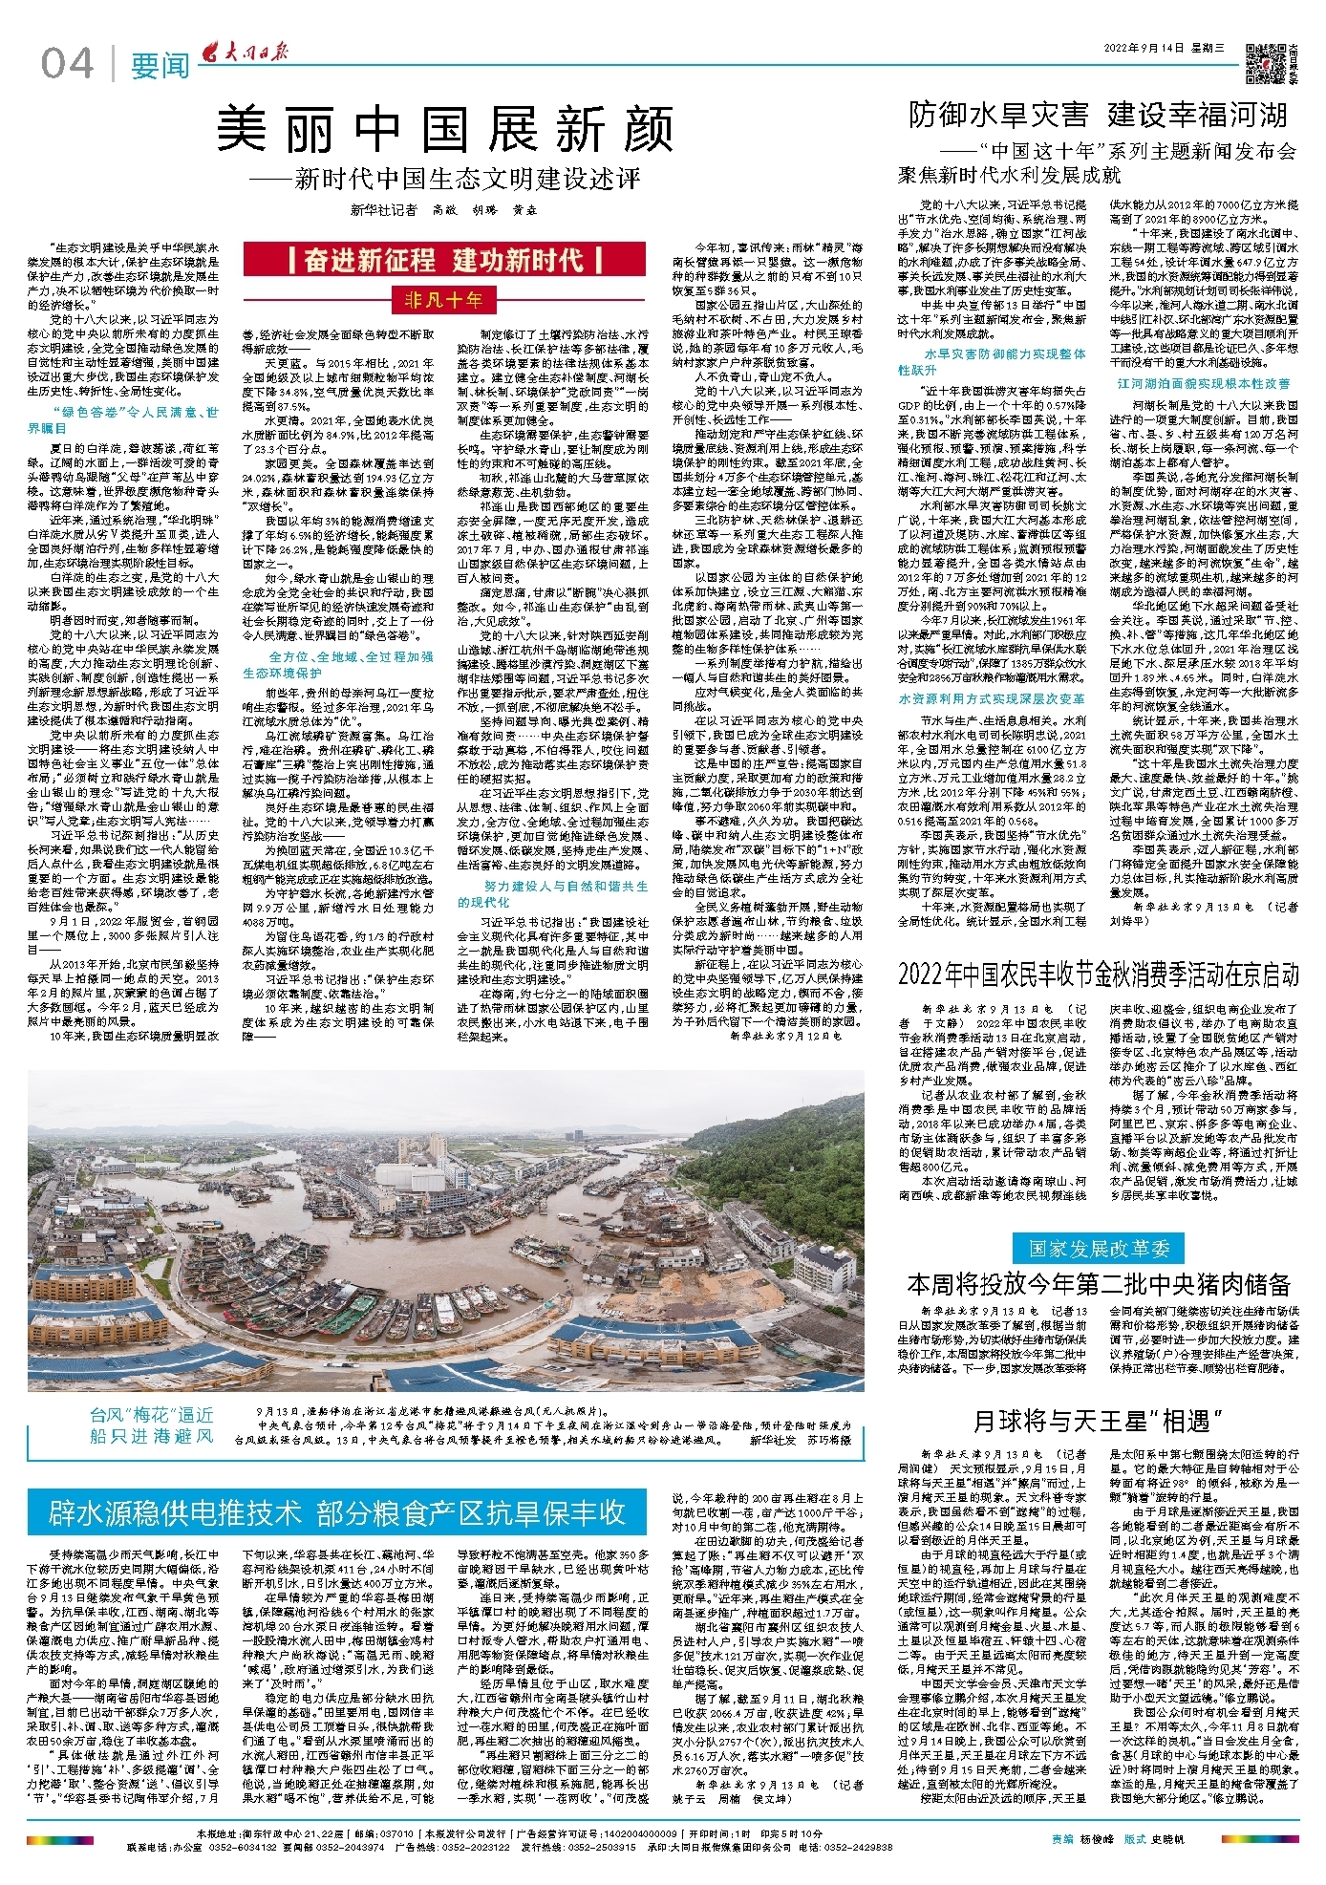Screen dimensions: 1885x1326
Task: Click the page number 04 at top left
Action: click(67, 64)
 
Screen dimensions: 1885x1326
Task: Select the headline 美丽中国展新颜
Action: click(445, 129)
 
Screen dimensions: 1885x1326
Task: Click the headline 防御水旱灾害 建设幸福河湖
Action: click(1098, 116)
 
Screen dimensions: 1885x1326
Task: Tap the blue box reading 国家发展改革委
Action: click(1098, 1248)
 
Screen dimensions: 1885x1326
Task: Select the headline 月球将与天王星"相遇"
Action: click(1098, 1422)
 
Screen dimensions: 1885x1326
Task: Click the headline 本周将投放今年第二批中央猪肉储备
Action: click(1098, 1284)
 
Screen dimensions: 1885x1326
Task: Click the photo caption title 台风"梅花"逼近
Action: click(152, 1415)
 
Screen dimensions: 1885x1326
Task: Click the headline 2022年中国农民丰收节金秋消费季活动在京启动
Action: click(1098, 975)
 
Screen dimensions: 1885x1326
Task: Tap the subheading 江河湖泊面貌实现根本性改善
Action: click(1204, 383)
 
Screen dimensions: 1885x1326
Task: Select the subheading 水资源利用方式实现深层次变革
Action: click(991, 698)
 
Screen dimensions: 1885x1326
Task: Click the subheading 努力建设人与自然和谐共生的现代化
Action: click(552, 893)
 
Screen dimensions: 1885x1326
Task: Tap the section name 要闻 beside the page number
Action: click(160, 66)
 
